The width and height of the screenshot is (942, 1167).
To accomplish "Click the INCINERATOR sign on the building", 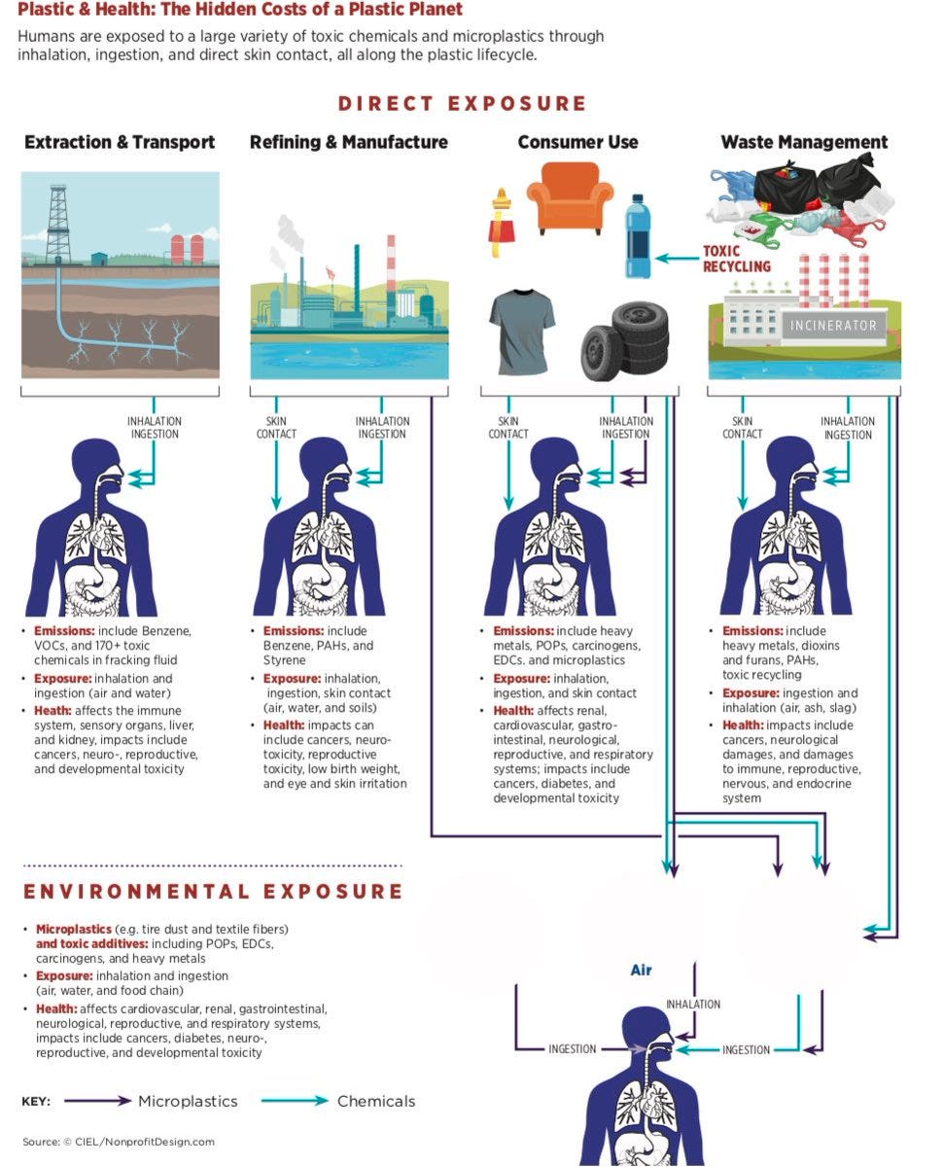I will pyautogui.click(x=832, y=326).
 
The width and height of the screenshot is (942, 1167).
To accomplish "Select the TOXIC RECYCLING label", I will pyautogui.click(x=737, y=259).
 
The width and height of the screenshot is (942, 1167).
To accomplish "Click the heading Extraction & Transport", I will pyautogui.click(x=120, y=142).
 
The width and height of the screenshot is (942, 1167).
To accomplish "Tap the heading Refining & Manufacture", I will pyautogui.click(x=349, y=142).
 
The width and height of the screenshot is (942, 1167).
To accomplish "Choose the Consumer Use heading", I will pyautogui.click(x=577, y=142).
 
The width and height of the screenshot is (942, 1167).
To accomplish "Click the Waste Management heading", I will pyautogui.click(x=804, y=142).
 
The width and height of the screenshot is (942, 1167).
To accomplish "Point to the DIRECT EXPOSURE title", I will pyautogui.click(x=462, y=104).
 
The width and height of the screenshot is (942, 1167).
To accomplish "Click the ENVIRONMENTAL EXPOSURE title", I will pyautogui.click(x=213, y=892).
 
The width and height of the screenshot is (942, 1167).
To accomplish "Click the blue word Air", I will pyautogui.click(x=641, y=970).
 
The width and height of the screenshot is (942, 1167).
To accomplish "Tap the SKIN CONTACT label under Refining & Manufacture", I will pyautogui.click(x=276, y=428).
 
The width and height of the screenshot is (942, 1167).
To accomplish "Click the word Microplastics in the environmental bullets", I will pyautogui.click(x=74, y=929).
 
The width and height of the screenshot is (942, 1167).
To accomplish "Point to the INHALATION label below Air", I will pyautogui.click(x=693, y=1004).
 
